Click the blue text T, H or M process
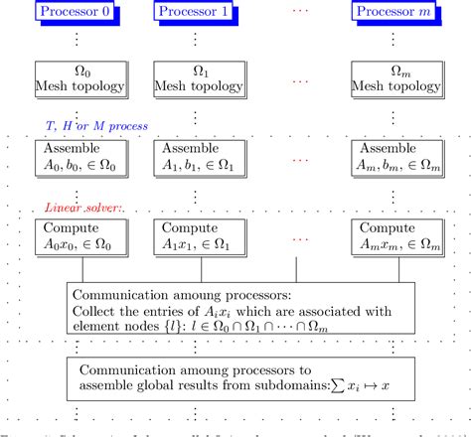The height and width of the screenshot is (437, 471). pos(97,127)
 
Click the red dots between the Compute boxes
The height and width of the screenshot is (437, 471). pos(298,239)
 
